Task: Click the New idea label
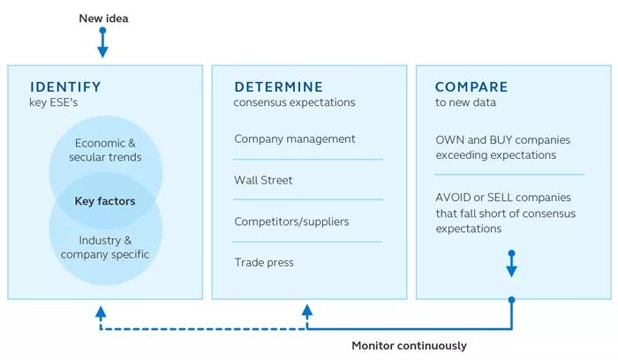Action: click(103, 19)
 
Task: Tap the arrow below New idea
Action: click(103, 42)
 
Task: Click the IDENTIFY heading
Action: click(65, 86)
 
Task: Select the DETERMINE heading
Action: click(279, 86)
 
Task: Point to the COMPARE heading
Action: click(471, 86)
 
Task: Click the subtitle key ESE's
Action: click(53, 102)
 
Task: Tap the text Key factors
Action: click(105, 201)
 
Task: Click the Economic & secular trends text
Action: click(105, 150)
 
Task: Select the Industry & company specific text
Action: click(105, 247)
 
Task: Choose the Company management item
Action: click(295, 139)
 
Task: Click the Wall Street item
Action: click(263, 180)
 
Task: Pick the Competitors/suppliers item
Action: click(291, 221)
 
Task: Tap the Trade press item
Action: click(264, 262)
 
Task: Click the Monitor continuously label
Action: click(409, 346)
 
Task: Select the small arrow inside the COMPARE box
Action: click(511, 264)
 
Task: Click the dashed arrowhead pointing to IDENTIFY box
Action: click(101, 312)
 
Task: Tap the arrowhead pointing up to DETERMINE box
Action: click(307, 311)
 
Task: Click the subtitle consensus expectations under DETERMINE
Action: click(294, 102)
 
